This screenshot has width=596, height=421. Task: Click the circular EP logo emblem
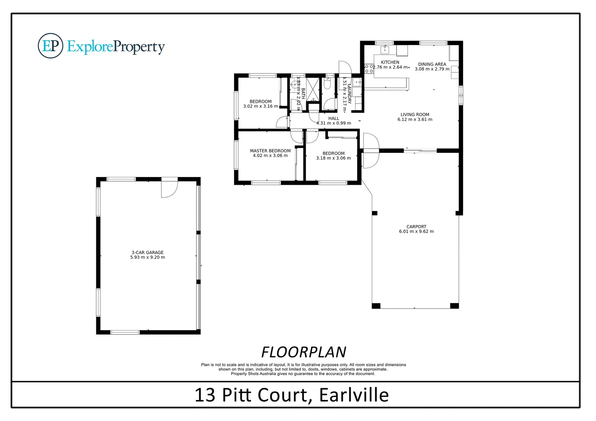[50, 46]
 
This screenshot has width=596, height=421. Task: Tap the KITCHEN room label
[390, 62]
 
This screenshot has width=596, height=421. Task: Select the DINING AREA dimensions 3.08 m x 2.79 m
[432, 69]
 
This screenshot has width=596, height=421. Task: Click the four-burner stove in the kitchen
[369, 69]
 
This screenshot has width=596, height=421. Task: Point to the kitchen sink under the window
[385, 50]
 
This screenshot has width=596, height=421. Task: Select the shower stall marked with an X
[312, 89]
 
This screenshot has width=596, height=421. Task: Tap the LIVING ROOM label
[415, 115]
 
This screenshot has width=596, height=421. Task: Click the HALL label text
[333, 119]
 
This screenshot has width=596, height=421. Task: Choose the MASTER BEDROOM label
[270, 151]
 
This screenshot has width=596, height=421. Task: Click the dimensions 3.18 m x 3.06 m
[333, 158]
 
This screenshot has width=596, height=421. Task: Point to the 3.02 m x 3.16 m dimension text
[261, 106]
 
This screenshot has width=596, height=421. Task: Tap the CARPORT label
[416, 226]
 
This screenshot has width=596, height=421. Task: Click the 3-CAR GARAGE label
[147, 253]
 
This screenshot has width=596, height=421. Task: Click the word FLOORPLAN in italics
[303, 352]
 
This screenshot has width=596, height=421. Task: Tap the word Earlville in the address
[354, 395]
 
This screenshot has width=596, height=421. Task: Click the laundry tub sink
[357, 83]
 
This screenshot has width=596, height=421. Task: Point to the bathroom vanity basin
[294, 83]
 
